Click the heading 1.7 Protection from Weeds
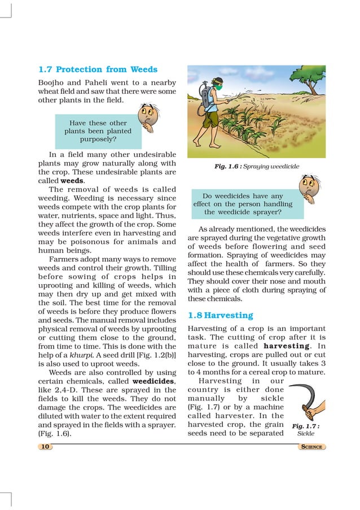tap(98, 69)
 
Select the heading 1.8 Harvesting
tap(220, 315)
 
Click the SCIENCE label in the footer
tap(311, 447)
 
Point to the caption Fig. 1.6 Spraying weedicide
tap(257, 167)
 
